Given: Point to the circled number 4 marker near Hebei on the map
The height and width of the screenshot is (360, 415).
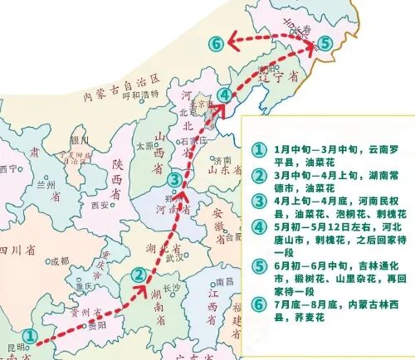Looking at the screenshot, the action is coord(226,96).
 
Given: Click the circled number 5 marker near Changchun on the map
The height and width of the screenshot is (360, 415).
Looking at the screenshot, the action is coord(325,42).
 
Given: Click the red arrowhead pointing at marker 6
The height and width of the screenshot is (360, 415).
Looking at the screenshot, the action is coord(237,40).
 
